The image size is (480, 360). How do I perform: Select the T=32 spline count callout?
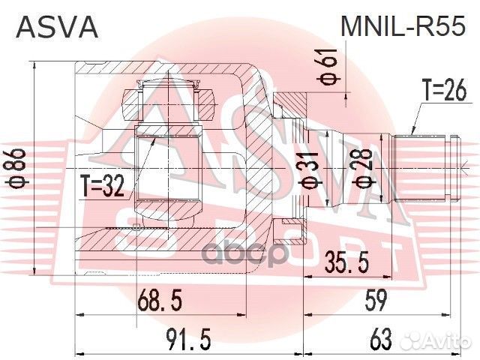click(x=103, y=187)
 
